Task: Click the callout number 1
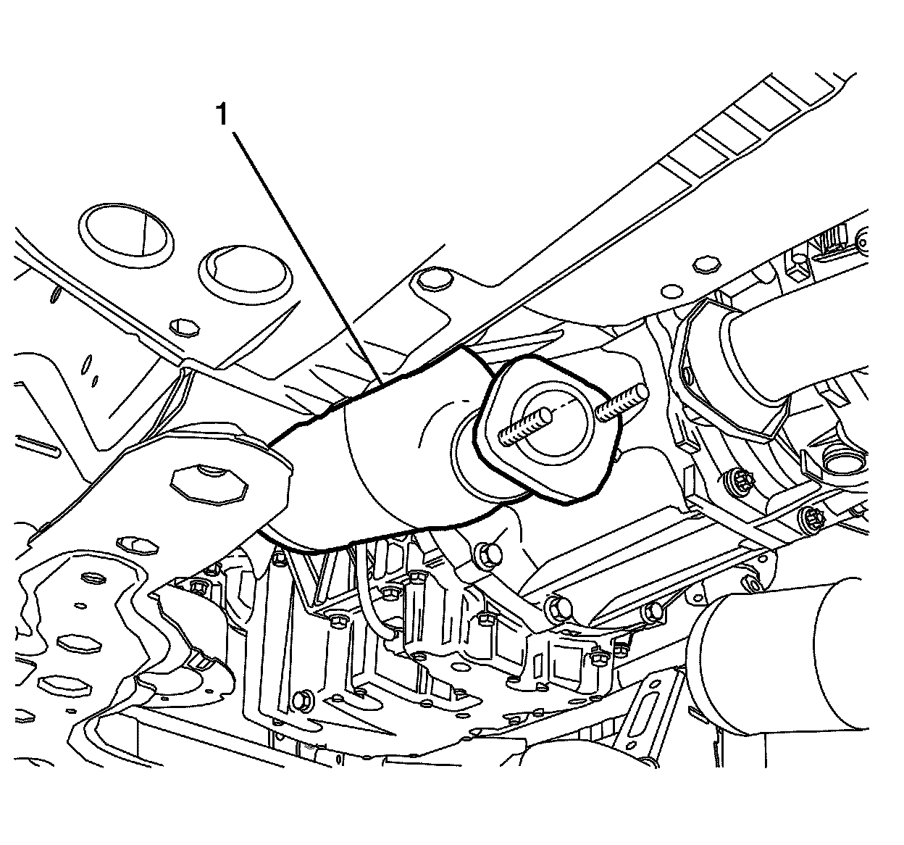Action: (224, 115)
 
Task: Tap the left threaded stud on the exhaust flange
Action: (526, 425)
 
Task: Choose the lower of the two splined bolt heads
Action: (811, 519)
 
